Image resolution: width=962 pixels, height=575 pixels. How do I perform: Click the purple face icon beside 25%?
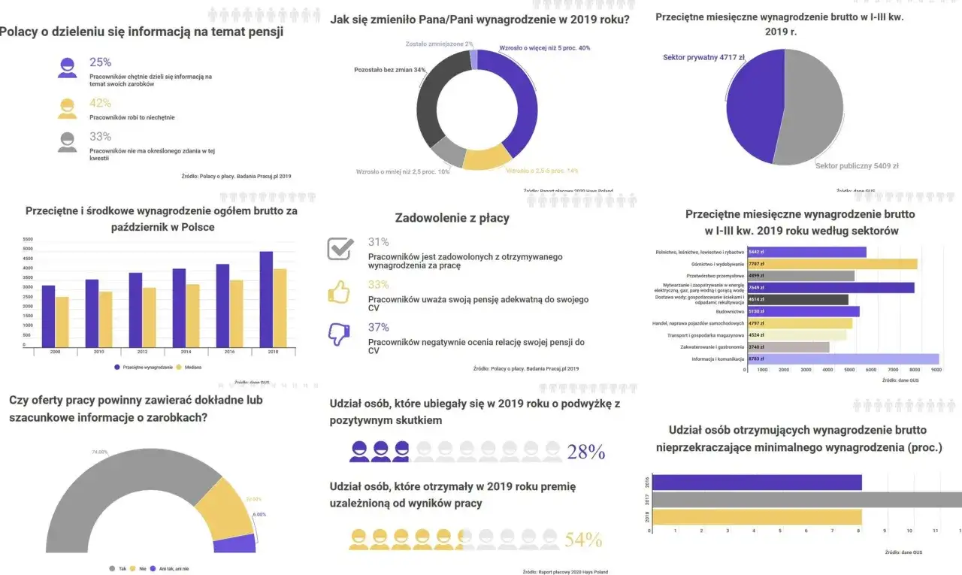pos(68,68)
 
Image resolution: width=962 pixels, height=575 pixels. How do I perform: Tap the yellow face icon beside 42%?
pos(68,108)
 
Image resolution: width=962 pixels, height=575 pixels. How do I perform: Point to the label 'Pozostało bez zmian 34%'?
pos(390,70)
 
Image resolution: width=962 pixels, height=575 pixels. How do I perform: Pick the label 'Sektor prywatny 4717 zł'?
pos(703,57)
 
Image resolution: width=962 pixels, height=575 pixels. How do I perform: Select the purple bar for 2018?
pos(266,298)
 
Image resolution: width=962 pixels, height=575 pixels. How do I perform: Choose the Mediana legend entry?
pos(189,368)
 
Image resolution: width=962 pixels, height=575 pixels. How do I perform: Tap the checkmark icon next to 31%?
pos(340,248)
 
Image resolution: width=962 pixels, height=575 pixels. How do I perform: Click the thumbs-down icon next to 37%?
pos(340,333)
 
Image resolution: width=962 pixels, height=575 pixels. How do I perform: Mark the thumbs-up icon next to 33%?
pos(340,291)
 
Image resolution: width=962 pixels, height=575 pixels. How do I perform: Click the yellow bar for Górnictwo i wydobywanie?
pos(832,264)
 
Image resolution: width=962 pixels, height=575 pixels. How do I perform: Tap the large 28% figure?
pos(586,452)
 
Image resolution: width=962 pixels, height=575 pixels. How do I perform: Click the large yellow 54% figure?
pos(584,540)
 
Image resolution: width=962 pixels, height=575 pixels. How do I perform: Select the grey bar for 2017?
pos(804,500)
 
